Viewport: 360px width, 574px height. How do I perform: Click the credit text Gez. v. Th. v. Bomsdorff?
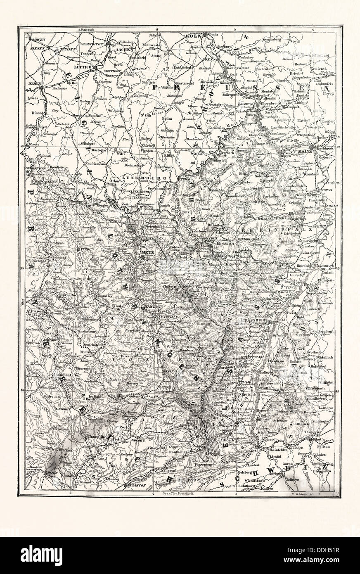point(178,494)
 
